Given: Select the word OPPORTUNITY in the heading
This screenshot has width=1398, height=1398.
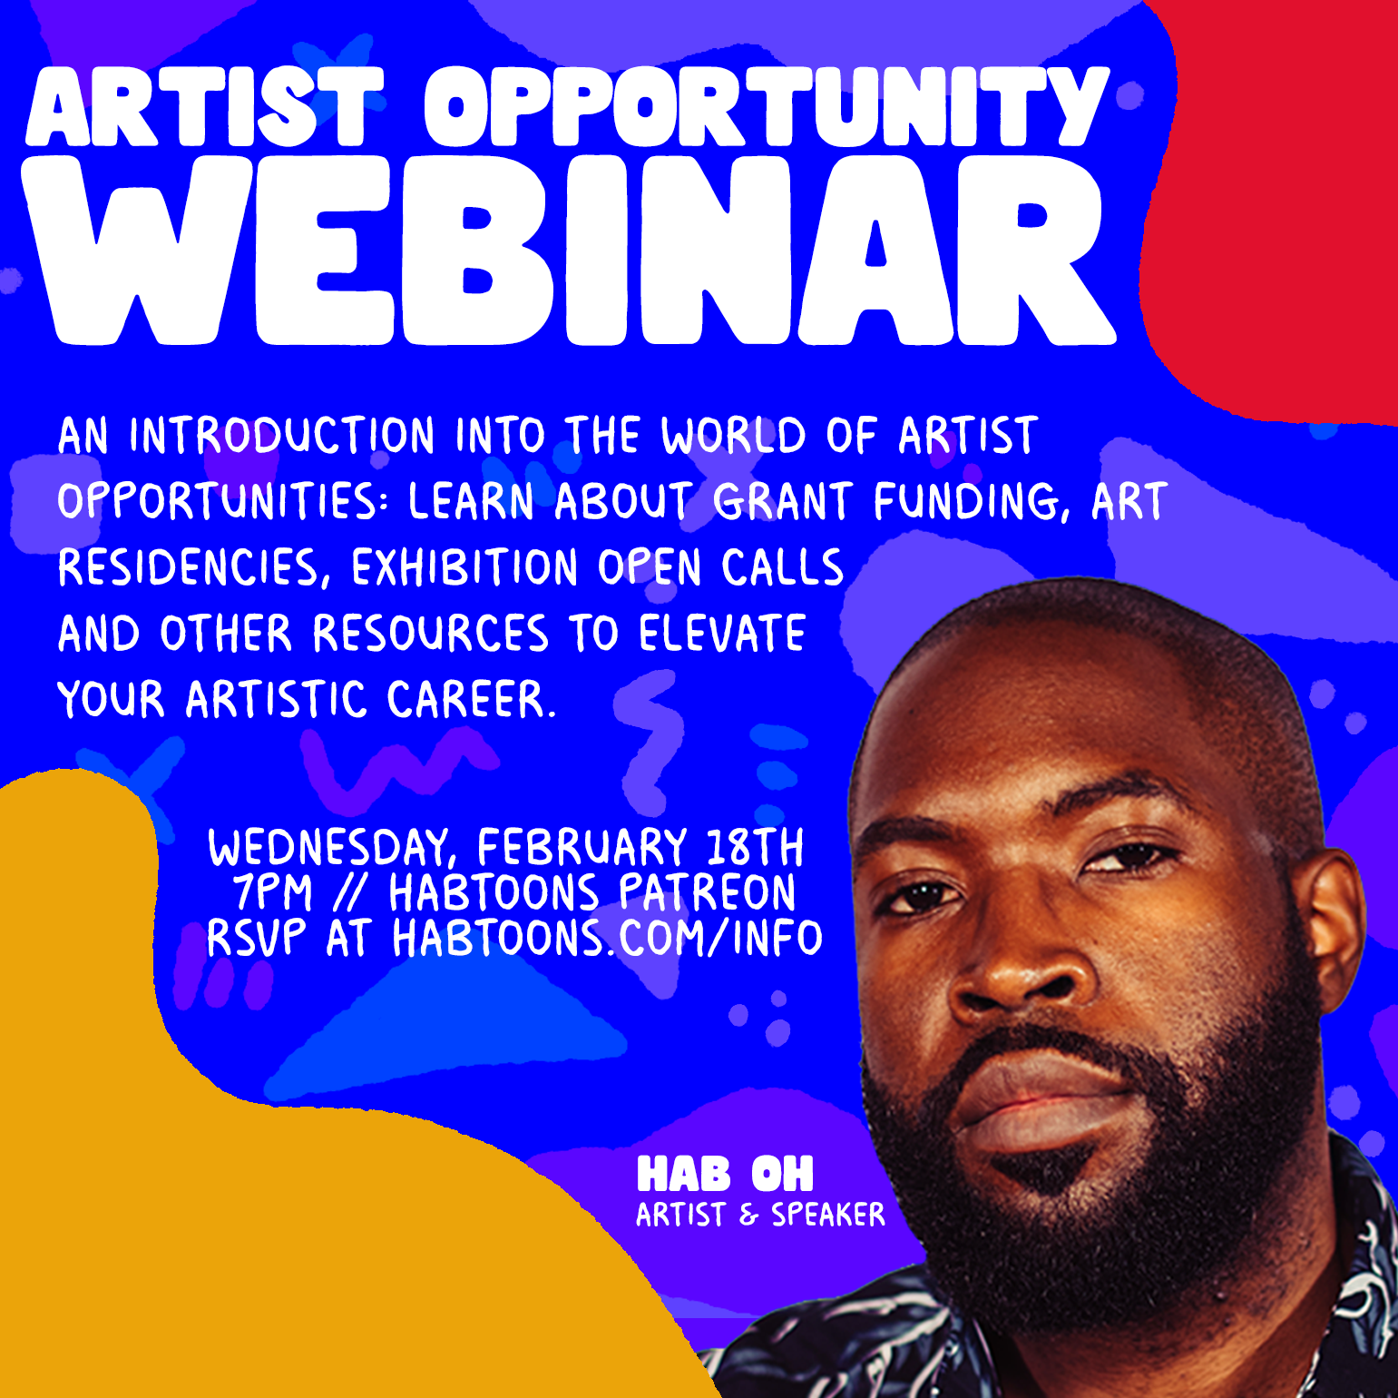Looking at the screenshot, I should click(x=767, y=107).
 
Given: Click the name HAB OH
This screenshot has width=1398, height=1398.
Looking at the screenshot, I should click(x=725, y=1175).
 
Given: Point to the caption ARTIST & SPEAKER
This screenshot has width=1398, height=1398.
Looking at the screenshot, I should click(x=760, y=1215).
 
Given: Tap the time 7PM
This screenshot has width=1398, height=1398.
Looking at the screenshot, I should click(x=272, y=892).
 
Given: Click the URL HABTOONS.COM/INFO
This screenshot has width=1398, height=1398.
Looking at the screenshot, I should click(x=607, y=939).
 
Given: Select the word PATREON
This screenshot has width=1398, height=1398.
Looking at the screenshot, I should click(x=708, y=892).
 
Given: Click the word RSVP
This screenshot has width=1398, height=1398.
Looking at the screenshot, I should click(x=256, y=939).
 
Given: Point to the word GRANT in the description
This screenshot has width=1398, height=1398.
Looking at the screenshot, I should click(x=782, y=502).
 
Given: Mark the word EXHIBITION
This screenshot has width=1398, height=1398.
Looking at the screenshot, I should click(x=464, y=568).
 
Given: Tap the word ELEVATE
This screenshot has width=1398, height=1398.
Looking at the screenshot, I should click(x=722, y=634).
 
